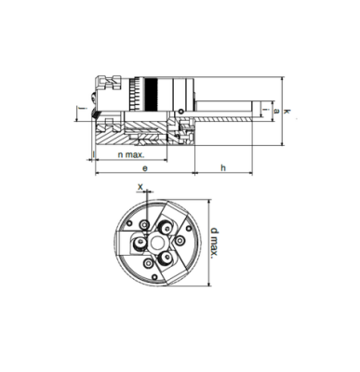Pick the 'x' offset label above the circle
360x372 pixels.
tap(140, 186)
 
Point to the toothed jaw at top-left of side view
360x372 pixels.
tap(106, 86)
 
